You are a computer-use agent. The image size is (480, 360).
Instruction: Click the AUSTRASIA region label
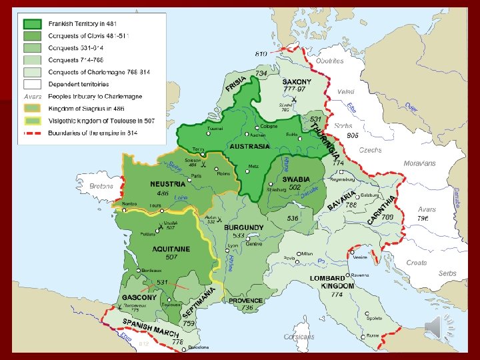click(250, 146)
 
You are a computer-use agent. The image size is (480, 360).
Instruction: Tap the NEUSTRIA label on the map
click(167, 183)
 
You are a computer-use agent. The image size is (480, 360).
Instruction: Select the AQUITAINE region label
click(171, 249)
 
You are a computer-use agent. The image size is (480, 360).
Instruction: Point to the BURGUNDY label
click(244, 228)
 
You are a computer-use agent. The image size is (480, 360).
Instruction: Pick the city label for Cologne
click(269, 127)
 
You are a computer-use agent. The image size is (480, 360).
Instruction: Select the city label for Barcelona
click(197, 347)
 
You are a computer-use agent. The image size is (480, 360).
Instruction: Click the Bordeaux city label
click(154, 270)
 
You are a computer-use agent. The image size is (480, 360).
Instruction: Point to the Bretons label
click(101, 187)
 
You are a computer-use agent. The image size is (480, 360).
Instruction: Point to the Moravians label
click(419, 163)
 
